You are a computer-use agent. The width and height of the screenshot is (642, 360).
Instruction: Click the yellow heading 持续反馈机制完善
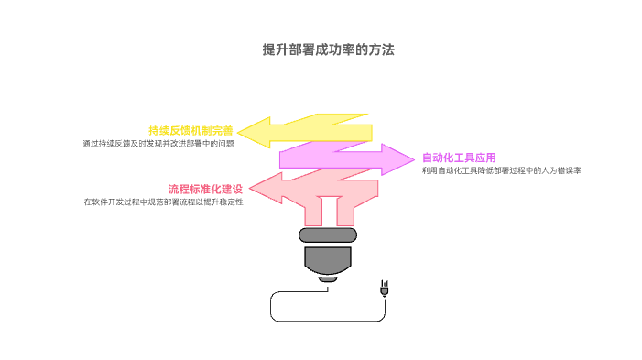[x=191, y=130]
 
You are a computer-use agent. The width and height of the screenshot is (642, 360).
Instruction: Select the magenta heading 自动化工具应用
[x=459, y=158]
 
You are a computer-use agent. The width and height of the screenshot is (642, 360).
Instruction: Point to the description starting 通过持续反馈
[x=158, y=144]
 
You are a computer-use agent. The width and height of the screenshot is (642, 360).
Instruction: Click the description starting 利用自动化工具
[x=502, y=171]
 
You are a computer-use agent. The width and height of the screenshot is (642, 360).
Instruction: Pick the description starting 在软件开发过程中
[x=163, y=202]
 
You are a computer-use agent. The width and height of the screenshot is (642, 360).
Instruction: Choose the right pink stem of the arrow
[x=345, y=213]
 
